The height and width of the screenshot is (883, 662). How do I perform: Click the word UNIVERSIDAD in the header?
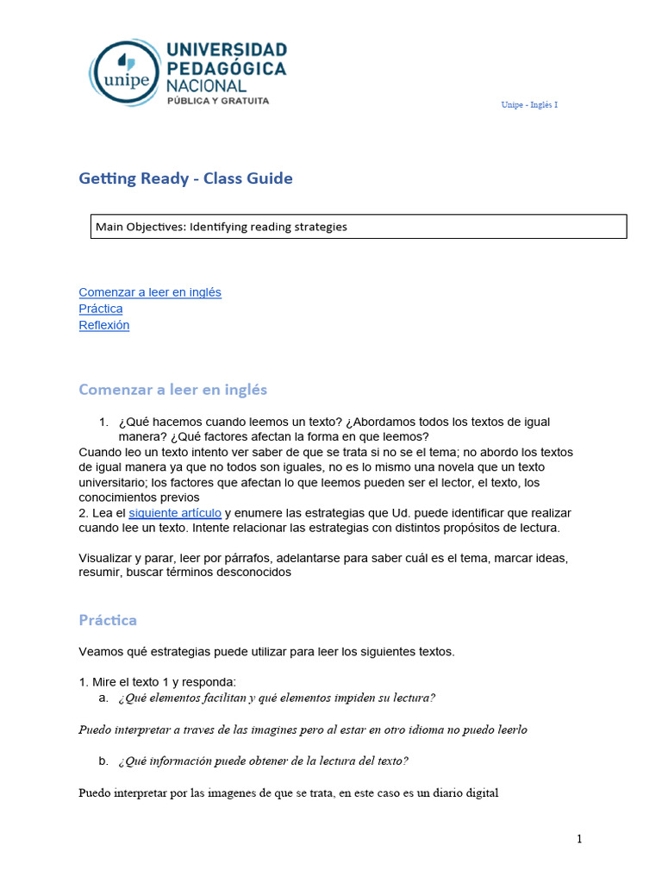pos(227,49)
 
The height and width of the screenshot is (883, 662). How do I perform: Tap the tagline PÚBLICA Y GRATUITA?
pos(217,101)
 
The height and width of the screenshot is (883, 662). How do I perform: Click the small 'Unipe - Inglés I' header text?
pos(529,105)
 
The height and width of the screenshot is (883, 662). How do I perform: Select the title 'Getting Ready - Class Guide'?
pos(185,178)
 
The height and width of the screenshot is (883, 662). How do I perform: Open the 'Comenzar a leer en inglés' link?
pos(149,292)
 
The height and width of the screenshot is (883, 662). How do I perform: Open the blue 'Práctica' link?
pos(100,309)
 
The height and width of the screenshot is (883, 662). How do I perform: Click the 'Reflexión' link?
pos(103,325)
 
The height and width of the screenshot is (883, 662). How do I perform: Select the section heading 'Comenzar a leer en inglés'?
pos(172,389)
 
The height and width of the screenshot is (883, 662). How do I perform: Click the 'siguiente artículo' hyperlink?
pos(175,512)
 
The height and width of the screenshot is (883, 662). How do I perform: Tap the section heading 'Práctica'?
pos(107,620)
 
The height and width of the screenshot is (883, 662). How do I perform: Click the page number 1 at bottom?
pos(580,839)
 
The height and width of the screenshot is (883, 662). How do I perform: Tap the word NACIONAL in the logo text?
pos(206,85)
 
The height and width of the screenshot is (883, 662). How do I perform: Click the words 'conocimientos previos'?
pos(139,498)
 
